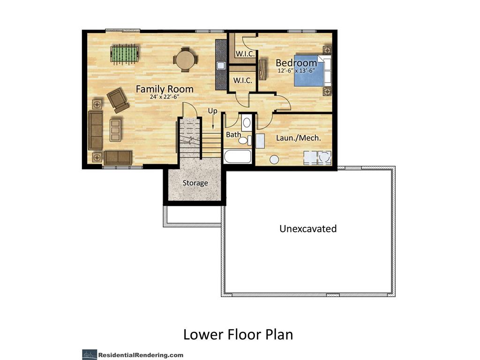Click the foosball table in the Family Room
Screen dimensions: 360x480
pos(123,53)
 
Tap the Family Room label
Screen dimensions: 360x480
pos(165,89)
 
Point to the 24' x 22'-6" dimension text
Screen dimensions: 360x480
pos(165,97)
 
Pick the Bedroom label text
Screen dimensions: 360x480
pos(296,63)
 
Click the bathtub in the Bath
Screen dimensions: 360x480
pos(238,156)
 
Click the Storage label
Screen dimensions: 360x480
pos(195,183)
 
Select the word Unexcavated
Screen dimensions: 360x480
pos(308,229)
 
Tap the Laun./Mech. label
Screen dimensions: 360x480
pos(298,138)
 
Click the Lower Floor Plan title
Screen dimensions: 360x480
pos(238,335)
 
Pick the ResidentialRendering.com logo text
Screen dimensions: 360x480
pos(141,355)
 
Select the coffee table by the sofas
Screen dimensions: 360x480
pos(115,130)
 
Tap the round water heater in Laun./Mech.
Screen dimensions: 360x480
pos(274,159)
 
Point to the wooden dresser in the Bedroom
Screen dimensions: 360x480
pos(262,69)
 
